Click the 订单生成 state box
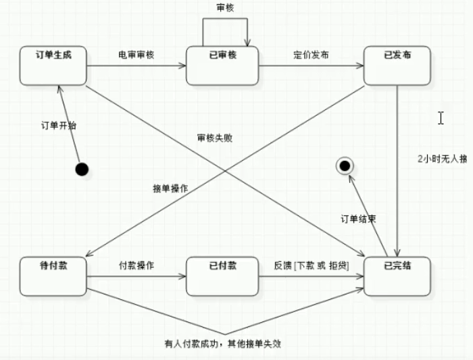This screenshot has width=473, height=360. [53, 66]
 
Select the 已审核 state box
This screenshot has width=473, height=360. [222, 66]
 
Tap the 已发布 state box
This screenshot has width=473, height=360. [397, 66]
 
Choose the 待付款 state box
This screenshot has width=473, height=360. [53, 276]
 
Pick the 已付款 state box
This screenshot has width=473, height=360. [222, 276]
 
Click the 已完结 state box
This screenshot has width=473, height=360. [397, 276]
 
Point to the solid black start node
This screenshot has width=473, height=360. [82, 168]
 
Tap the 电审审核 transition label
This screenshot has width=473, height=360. [136, 55]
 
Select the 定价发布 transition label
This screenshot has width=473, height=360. [312, 55]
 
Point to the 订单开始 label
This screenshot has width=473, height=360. [59, 126]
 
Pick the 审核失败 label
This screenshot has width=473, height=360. [215, 138]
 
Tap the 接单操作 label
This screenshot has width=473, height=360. [170, 188]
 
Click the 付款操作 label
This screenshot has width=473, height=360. [136, 265]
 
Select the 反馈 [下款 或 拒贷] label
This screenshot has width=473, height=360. [312, 265]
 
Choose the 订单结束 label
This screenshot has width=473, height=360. [357, 220]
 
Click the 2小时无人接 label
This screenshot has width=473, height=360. [442, 160]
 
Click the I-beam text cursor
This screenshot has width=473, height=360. [441, 118]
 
